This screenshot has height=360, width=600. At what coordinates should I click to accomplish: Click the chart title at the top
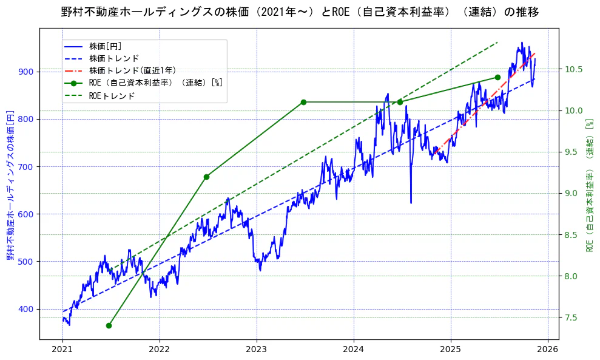pyautogui.click(x=300, y=12)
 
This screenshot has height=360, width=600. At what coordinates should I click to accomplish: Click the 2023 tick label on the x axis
pyautogui.click(x=257, y=350)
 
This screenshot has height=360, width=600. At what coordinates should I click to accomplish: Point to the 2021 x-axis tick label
pyautogui.click(x=62, y=350)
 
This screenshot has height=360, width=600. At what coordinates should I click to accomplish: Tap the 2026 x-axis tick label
pyautogui.click(x=548, y=350)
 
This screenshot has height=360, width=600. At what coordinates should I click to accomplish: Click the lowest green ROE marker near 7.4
pyautogui.click(x=109, y=326)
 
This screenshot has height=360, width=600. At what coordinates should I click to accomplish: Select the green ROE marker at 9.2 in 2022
pyautogui.click(x=206, y=177)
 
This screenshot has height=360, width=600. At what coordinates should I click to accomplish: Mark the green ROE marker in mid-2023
pyautogui.click(x=303, y=102)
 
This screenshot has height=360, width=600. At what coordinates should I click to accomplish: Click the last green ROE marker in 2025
pyautogui.click(x=497, y=77)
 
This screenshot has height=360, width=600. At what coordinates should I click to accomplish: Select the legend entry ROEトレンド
pyautogui.click(x=112, y=95)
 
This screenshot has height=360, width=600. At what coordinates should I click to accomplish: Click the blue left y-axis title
pyautogui.click(x=10, y=185)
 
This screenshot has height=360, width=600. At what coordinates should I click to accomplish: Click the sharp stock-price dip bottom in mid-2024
pyautogui.click(x=411, y=203)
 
